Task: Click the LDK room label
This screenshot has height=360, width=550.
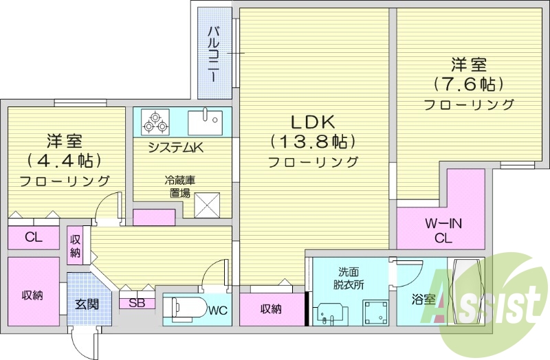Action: tap(313, 122)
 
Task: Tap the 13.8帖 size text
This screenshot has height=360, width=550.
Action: tap(313, 142)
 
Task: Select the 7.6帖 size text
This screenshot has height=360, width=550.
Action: tap(469, 84)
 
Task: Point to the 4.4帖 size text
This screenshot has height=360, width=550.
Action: tap(65, 161)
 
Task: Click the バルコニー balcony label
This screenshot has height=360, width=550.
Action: tap(214, 54)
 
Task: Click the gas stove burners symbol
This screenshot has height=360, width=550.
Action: tap(155, 122)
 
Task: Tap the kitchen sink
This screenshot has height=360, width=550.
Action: tap(205, 122)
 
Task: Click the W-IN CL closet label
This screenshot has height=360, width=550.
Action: tap(442, 230)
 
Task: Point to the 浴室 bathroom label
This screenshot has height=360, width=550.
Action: tap(423, 300)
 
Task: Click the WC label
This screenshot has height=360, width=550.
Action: tap(218, 310)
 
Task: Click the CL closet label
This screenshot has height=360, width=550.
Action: tap(33, 238)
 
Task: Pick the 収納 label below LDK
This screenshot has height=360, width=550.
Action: tap(271, 308)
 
